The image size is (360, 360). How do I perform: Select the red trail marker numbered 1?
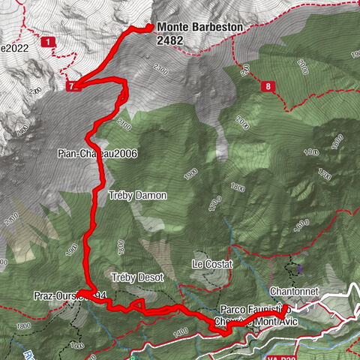49,43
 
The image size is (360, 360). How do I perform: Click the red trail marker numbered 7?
72,86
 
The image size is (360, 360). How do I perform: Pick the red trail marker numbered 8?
268,86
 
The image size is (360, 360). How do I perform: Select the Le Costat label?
212,265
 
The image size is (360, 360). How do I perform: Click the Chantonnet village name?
295,290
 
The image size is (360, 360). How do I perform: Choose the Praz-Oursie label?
55,295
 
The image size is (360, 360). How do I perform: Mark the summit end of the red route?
150,28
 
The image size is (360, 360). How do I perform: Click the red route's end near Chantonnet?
286,307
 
